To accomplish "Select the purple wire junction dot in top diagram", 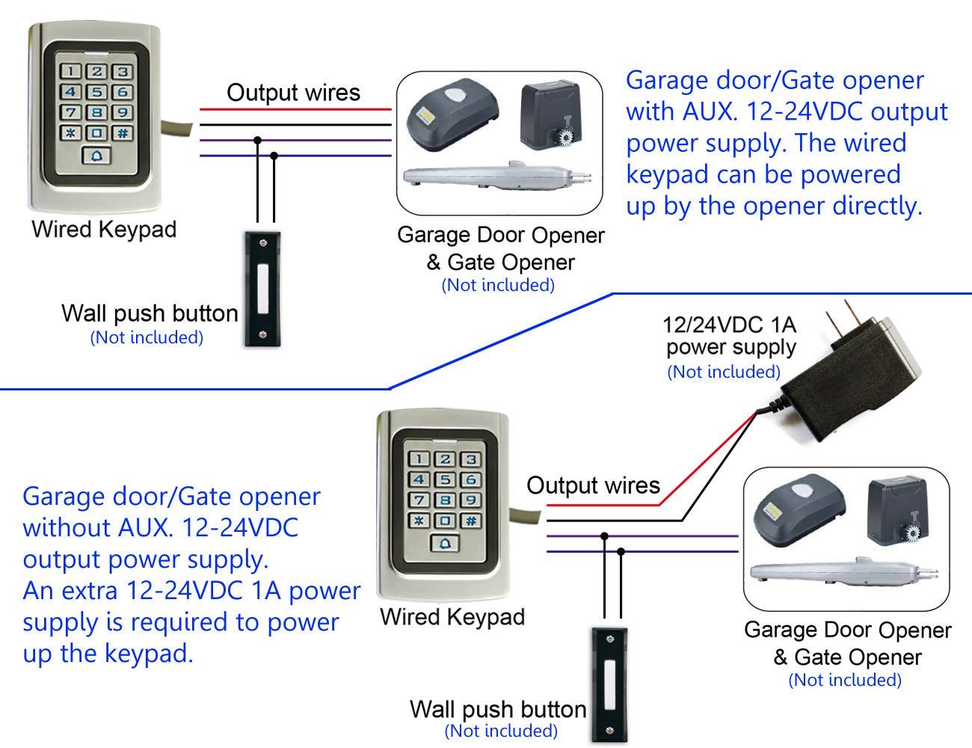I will click(258, 140).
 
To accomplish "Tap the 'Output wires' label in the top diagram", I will click(293, 93).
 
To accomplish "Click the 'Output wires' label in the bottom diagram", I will click(593, 485).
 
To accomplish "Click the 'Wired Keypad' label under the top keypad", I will click(104, 229).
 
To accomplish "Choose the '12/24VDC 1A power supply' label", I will click(730, 336).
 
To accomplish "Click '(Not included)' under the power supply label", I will click(723, 371).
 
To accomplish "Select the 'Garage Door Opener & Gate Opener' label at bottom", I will click(846, 643).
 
